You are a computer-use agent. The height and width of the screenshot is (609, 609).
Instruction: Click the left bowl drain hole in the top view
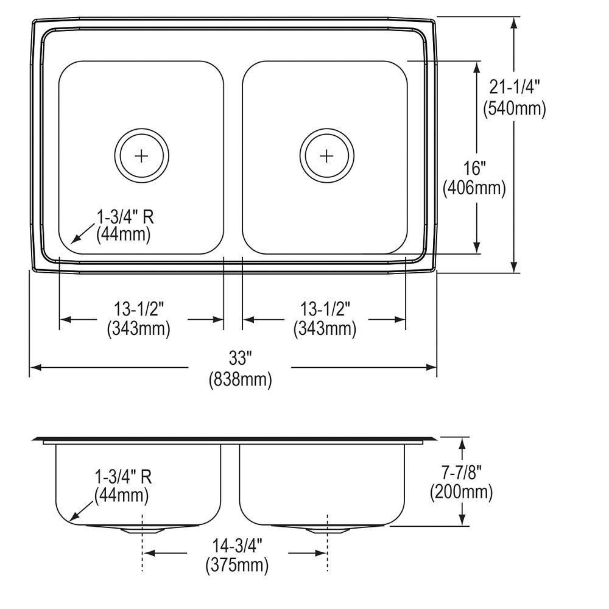click(x=141, y=156)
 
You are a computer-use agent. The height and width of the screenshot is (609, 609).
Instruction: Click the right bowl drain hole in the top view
click(x=327, y=156)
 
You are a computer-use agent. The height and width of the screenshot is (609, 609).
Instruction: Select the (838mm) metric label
click(x=239, y=380)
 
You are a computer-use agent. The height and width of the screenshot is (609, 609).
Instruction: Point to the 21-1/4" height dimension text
click(x=515, y=88)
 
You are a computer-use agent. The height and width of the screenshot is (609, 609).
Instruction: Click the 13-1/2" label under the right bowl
click(x=325, y=309)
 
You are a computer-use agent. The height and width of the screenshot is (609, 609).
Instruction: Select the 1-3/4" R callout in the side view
click(x=124, y=476)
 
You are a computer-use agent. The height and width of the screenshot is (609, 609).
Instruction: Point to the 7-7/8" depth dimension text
click(x=461, y=471)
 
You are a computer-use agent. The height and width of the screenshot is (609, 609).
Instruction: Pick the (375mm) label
click(x=237, y=566)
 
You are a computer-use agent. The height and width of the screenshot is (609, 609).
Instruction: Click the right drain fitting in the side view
click(x=327, y=529)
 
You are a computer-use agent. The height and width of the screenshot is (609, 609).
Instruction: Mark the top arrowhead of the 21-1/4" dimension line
click(x=515, y=22)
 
